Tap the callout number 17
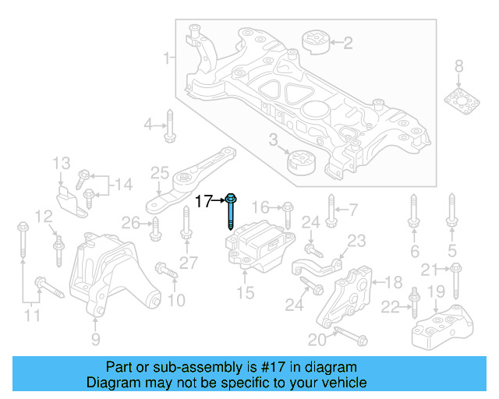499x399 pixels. coord(203,202)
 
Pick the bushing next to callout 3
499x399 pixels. coord(300,163)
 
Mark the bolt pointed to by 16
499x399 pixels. coord(288,211)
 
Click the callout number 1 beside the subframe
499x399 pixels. coord(166,58)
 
